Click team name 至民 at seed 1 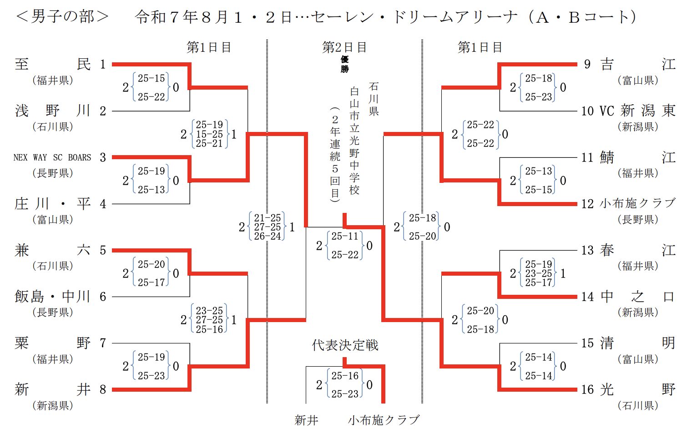pos(53,64)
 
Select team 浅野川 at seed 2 pos(53,111)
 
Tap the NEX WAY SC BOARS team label pos(52,157)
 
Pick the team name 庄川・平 pos(53,204)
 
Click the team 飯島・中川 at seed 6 pos(53,297)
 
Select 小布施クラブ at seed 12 pos(637,203)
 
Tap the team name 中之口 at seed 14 pos(637,297)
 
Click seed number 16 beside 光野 pos(587,389)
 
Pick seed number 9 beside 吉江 pos(587,64)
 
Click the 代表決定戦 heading pos(345,345)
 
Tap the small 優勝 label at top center pos(344,64)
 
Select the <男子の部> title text pos(62,17)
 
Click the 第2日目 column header pos(344,47)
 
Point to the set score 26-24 pos(267,236)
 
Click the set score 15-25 pos(209,134)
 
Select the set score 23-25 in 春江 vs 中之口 pos(539,273)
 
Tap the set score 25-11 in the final pos(345,236)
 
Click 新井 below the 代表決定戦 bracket pos(306,420)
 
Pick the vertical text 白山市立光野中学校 pos(354,141)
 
